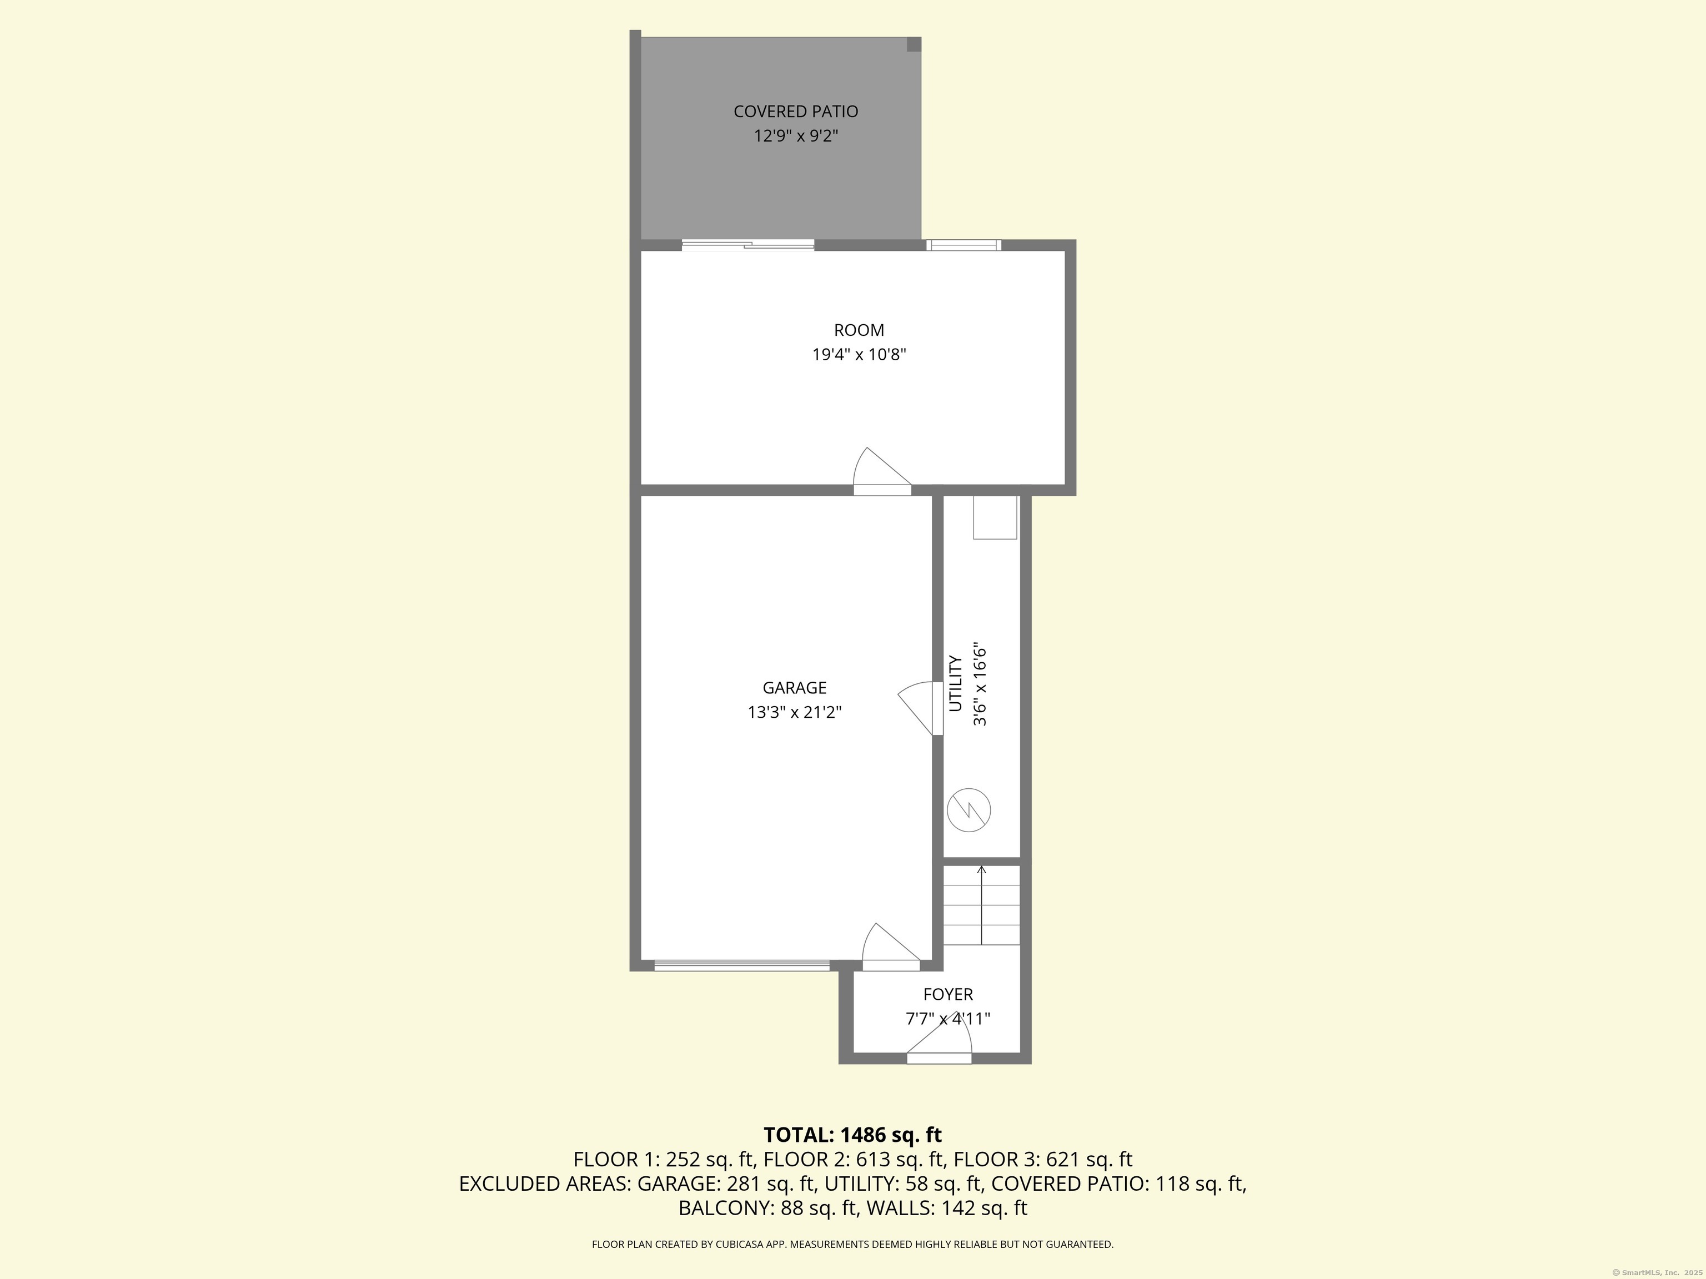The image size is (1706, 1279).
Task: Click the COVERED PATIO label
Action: [795, 112]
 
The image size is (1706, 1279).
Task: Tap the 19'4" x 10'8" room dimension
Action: [859, 355]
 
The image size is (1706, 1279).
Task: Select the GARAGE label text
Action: [794, 688]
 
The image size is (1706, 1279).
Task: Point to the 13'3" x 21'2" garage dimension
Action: [794, 712]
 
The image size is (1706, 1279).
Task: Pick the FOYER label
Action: [948, 995]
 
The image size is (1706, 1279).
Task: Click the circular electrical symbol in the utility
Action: [969, 809]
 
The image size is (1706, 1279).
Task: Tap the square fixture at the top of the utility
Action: [995, 517]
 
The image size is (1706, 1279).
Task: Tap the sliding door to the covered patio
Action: [747, 245]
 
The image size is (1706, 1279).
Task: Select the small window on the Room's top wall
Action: [964, 245]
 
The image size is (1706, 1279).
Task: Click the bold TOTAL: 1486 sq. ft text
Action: [852, 1135]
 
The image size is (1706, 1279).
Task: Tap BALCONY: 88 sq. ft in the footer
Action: [767, 1208]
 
